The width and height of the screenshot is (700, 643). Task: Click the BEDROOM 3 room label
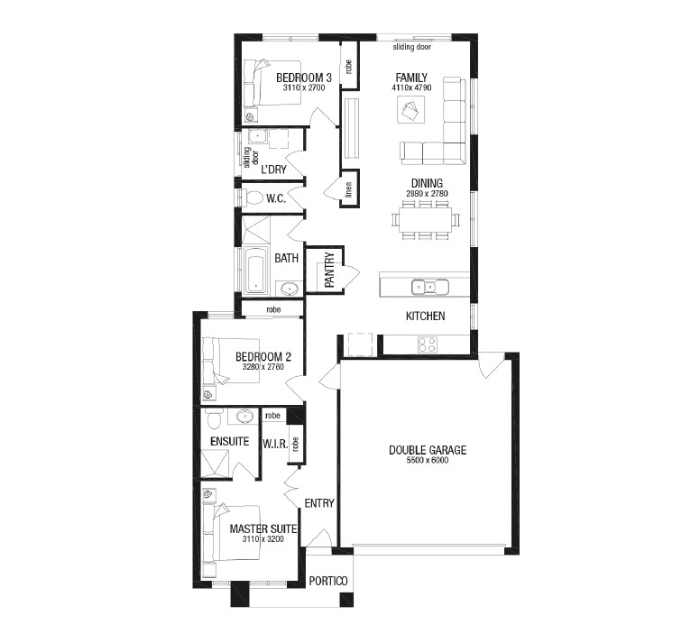coord(304,78)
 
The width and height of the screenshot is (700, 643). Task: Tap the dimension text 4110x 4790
coord(411,87)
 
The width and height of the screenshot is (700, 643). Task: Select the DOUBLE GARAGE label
coord(428,450)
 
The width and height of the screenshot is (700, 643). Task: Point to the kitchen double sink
coord(429,287)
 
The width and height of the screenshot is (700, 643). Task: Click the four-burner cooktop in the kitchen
coord(428,344)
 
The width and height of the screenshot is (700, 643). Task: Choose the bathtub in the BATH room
coord(256,270)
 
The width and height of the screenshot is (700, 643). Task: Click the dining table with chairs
coord(426,219)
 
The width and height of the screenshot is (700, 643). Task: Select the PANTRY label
coord(329,270)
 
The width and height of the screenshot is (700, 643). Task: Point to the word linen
coord(349,189)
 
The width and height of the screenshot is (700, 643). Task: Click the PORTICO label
coord(328,581)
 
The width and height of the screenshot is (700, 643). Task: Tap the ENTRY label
coord(319,503)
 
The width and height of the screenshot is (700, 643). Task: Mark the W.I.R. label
coord(275,444)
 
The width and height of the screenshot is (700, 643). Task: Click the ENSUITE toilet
coord(215,418)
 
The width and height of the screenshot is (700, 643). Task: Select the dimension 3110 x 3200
coord(262,539)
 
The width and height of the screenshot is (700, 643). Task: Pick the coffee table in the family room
coord(410,110)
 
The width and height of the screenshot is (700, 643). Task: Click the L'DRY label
coord(273,170)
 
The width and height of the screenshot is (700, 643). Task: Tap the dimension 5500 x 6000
coord(428,460)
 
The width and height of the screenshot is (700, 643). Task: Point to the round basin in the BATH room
coord(290,289)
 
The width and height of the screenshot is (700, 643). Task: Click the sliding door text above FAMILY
coord(412,47)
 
